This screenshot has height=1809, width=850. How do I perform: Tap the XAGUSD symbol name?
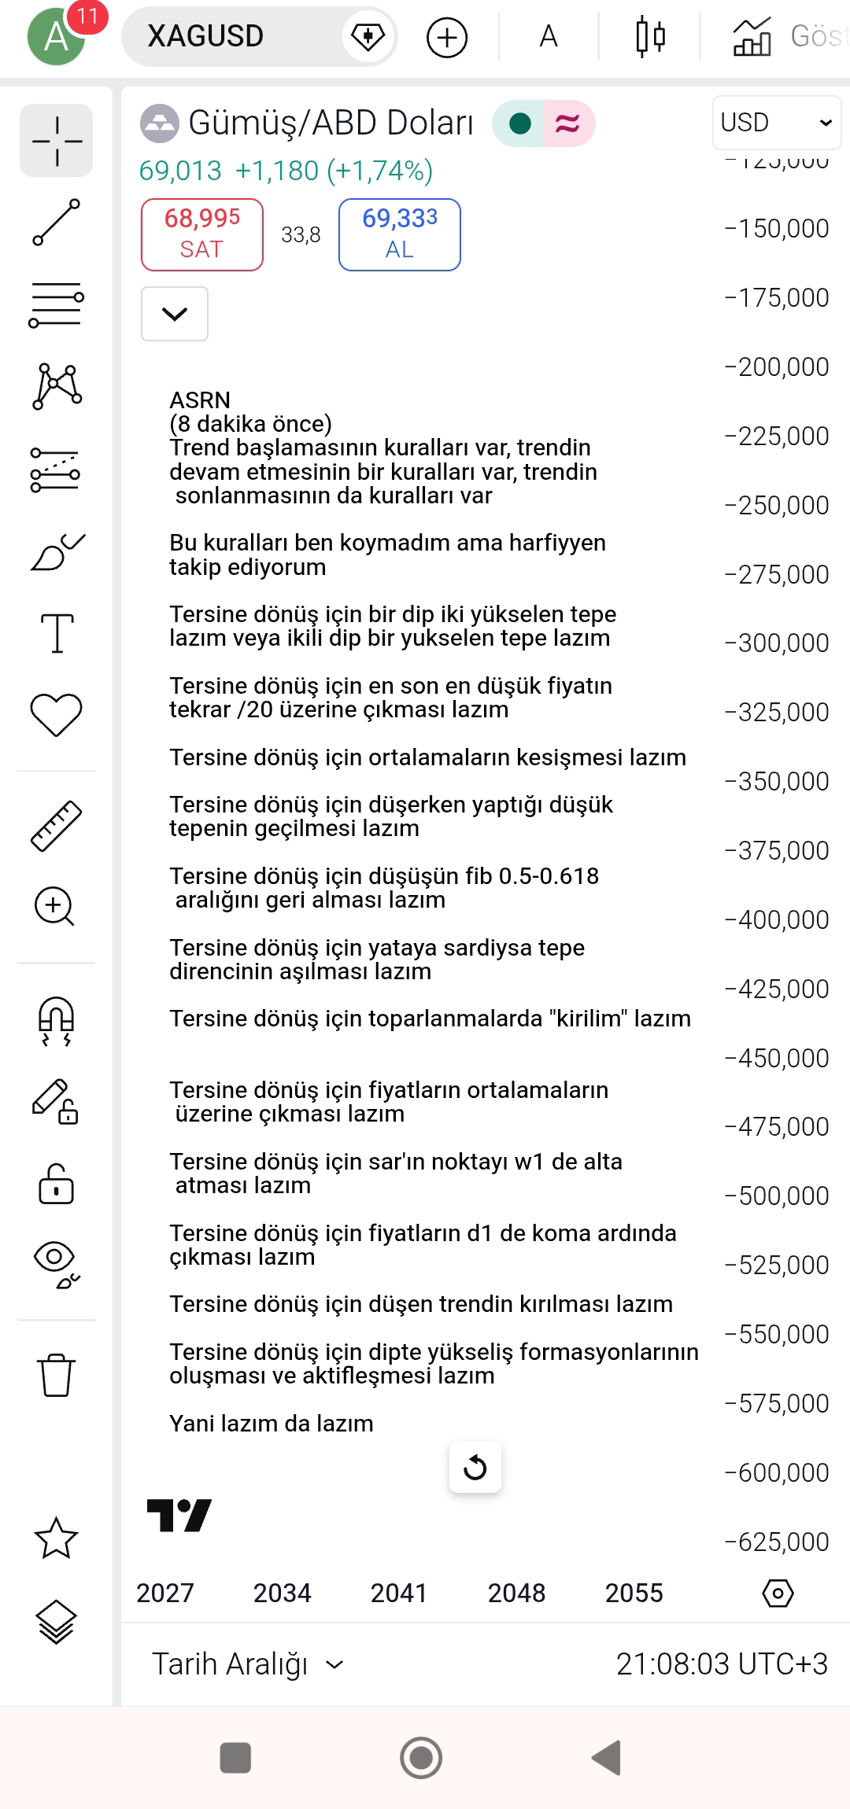[205, 36]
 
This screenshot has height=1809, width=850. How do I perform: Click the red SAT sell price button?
[202, 234]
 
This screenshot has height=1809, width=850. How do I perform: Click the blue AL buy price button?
[399, 234]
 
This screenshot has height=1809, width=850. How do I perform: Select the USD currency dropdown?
[776, 123]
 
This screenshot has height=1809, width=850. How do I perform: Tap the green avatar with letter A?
[55, 36]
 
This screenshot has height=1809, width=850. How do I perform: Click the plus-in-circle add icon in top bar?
[447, 37]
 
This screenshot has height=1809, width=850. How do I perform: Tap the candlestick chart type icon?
[650, 36]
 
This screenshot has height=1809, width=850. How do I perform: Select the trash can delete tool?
[57, 1375]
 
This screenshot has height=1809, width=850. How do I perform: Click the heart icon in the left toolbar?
[57, 714]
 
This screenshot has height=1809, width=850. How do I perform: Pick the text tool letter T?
[57, 632]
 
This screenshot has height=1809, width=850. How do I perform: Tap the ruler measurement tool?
[57, 825]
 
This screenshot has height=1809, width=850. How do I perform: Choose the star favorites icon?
[57, 1538]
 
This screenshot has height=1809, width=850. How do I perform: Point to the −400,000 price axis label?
[777, 919]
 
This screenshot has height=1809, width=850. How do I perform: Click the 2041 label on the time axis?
[399, 1593]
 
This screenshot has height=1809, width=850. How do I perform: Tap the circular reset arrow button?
[475, 1467]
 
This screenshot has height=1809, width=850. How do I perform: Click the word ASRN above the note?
[200, 400]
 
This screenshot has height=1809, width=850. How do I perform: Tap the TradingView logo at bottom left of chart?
[179, 1515]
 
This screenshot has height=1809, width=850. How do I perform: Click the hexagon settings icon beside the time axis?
[778, 1593]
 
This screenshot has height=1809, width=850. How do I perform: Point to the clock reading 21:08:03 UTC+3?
[721, 1663]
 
